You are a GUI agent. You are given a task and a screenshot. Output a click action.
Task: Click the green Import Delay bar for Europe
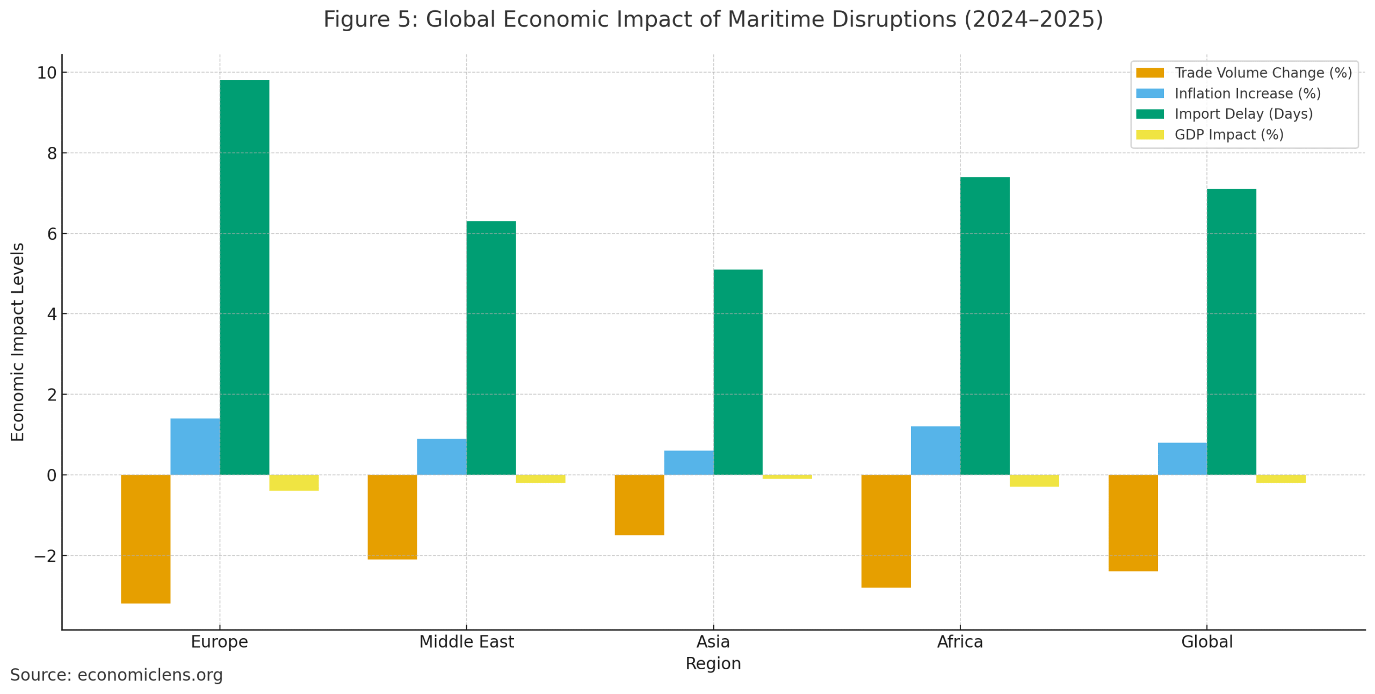click(x=244, y=277)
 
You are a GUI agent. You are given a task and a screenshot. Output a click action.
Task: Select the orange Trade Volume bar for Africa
click(x=885, y=530)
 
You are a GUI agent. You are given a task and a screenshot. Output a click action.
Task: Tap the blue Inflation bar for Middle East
click(x=441, y=456)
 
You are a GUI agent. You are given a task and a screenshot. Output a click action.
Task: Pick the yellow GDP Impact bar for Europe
click(x=293, y=482)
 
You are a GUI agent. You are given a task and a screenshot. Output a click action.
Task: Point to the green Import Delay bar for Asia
click(x=737, y=371)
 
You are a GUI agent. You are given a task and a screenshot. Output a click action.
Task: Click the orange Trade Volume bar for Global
click(x=1132, y=522)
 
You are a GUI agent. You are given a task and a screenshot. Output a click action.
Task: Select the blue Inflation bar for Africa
click(x=935, y=450)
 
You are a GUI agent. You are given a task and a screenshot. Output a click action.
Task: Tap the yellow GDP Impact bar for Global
click(x=1280, y=478)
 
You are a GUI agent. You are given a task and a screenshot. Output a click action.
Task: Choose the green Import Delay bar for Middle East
click(x=490, y=347)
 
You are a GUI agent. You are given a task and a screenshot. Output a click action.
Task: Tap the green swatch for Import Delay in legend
click(x=1149, y=114)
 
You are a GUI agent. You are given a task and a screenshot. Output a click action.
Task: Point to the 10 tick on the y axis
click(x=46, y=73)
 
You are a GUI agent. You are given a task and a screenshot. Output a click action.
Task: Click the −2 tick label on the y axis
click(x=45, y=556)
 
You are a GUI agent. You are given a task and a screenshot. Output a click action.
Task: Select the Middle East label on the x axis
click(x=466, y=641)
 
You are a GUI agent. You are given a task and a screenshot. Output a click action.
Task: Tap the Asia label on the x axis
click(x=713, y=641)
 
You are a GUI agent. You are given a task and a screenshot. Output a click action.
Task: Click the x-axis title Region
click(x=713, y=663)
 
